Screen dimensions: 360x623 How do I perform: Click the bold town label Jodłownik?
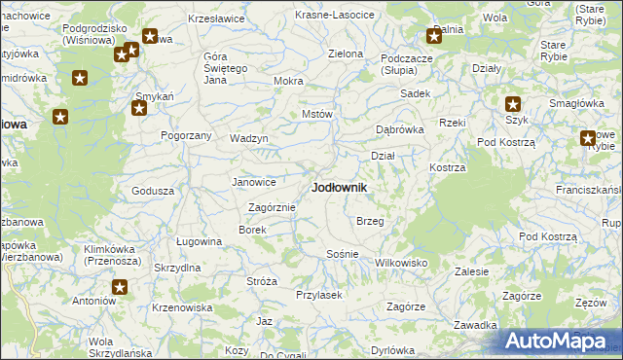[339, 187]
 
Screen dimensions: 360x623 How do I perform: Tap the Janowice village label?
[254, 182]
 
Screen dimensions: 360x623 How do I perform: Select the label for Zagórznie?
[272, 207]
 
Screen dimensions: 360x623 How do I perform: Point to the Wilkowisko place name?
[401, 263]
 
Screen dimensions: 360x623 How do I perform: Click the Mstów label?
[317, 114]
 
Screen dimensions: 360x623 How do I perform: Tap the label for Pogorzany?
[186, 135]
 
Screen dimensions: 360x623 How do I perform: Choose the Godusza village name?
[152, 191]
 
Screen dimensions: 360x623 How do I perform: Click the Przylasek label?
[318, 295]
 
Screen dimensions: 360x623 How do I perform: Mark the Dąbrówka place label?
[400, 129]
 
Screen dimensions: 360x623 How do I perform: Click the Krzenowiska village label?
[182, 307]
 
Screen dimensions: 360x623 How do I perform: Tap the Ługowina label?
[199, 241]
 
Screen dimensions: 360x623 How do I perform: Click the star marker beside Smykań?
[138, 108]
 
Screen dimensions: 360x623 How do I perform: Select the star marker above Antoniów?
[120, 287]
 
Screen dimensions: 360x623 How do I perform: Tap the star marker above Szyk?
[513, 104]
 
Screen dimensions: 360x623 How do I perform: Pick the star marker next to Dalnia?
[434, 38]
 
